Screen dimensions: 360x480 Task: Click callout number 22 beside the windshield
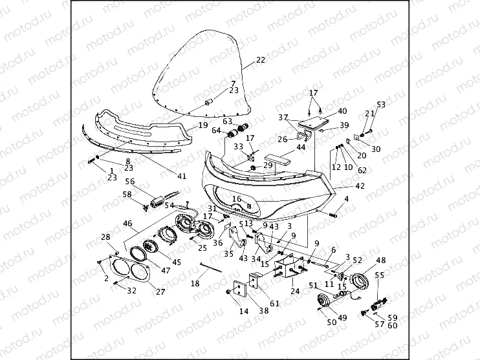261,60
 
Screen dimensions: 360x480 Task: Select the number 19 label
202,125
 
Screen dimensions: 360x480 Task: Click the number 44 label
301,148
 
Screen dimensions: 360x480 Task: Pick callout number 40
342,111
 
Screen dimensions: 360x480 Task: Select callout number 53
381,104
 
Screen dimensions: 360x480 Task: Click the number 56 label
130,182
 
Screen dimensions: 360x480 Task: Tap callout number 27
159,291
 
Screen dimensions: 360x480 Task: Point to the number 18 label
195,284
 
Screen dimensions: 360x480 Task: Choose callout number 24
296,291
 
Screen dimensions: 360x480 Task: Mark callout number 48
381,260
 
